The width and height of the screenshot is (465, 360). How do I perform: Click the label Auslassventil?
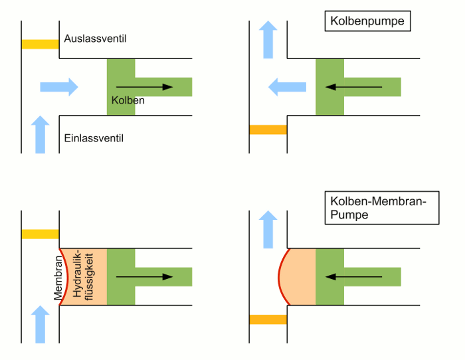(x=95, y=39)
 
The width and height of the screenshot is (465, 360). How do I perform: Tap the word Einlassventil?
(x=94, y=139)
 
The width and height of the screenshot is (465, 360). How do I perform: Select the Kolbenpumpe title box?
(x=367, y=21)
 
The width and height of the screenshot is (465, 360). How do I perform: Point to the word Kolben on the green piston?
(x=128, y=100)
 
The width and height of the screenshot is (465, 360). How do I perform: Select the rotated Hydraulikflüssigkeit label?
(x=83, y=277)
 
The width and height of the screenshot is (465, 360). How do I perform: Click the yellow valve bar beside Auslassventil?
(x=41, y=45)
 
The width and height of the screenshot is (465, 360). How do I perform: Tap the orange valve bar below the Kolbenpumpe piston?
(x=268, y=130)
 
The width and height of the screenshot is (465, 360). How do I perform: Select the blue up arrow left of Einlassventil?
(x=41, y=135)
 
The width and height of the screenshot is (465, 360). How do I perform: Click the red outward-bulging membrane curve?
(x=280, y=276)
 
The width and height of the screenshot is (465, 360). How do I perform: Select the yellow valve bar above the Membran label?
(x=41, y=234)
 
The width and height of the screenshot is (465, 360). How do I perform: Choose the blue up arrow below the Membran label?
(x=41, y=324)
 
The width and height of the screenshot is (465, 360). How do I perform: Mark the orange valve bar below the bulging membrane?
(x=268, y=319)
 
